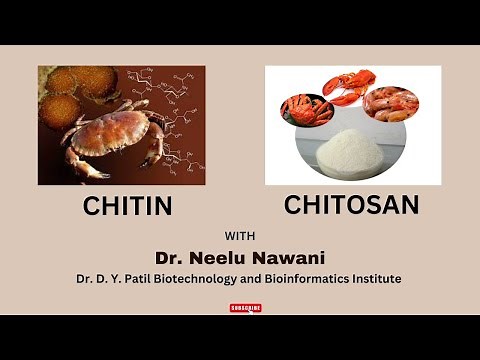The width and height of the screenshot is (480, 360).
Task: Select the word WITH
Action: (x=239, y=236)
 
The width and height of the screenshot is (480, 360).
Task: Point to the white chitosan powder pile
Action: (x=351, y=155)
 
